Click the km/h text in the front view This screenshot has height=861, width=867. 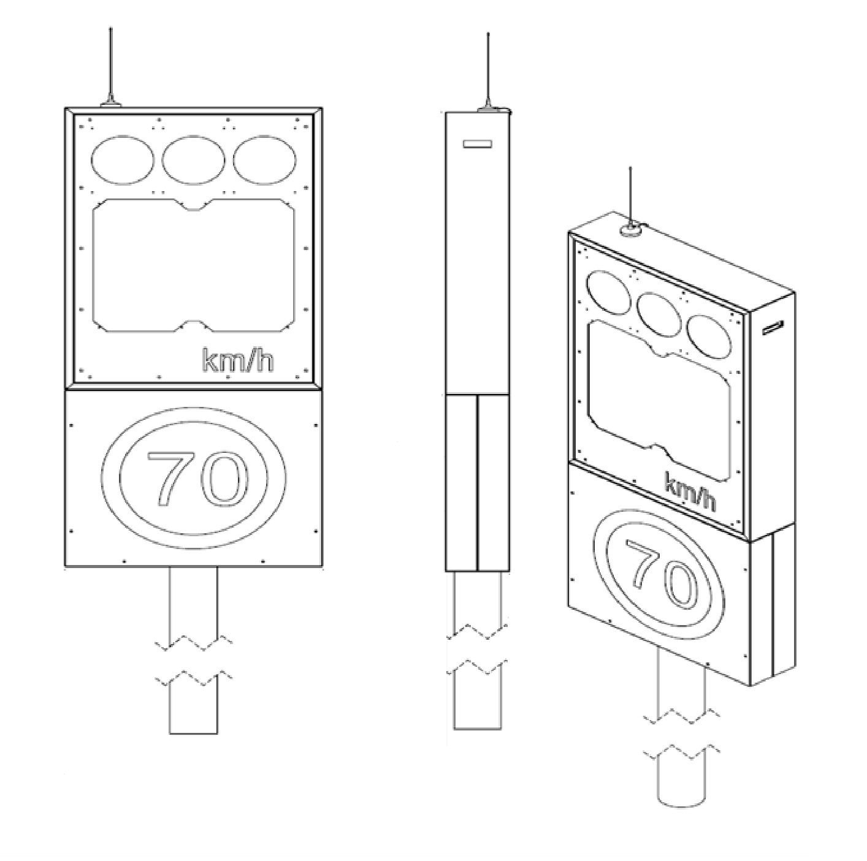point(238,360)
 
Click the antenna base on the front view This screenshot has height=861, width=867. point(111,104)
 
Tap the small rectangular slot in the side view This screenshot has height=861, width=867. point(478,144)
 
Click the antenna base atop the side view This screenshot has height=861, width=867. point(489,109)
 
